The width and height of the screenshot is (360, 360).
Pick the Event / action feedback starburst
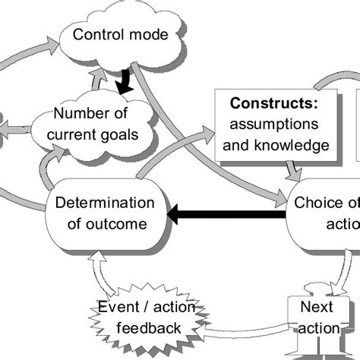[x=141, y=317]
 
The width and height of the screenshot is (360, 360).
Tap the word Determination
[x=105, y=204]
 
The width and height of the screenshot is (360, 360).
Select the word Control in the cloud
[x=96, y=34]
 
